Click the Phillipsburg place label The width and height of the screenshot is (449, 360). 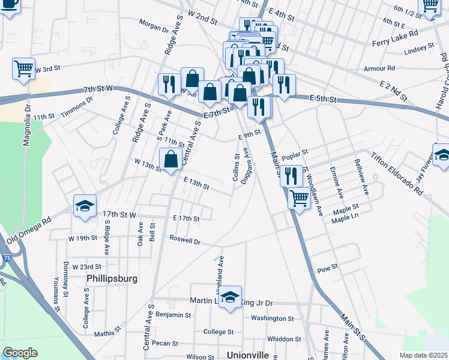click(x=112, y=278)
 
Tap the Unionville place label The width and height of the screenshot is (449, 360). click(x=248, y=355)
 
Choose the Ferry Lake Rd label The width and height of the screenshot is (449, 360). click(x=390, y=43)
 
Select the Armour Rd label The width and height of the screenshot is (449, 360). click(x=379, y=68)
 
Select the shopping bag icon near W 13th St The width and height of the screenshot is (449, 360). click(x=171, y=159)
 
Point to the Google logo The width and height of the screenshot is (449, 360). click(x=20, y=353)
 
